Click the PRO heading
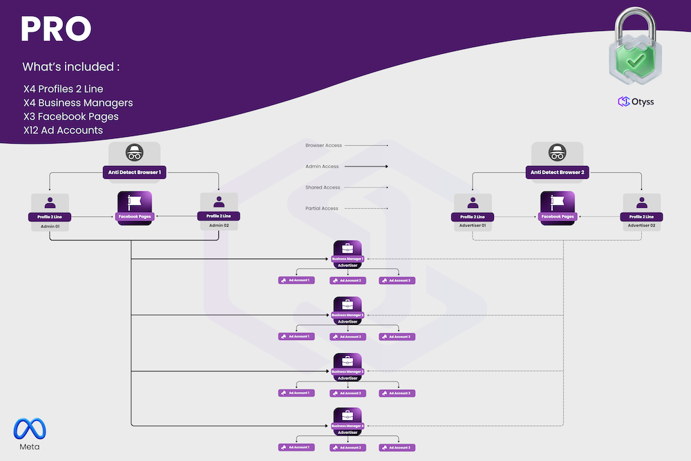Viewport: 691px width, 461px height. tap(56, 28)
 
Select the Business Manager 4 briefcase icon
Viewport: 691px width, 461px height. tap(348, 416)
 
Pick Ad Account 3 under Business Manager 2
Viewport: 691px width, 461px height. tap(397, 337)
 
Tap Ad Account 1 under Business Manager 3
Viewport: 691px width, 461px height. tap(296, 393)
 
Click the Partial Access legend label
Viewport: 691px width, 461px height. tap(322, 208)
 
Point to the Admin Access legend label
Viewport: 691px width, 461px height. tap(322, 167)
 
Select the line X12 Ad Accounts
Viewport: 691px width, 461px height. tap(63, 130)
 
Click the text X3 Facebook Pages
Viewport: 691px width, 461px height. tap(70, 116)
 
